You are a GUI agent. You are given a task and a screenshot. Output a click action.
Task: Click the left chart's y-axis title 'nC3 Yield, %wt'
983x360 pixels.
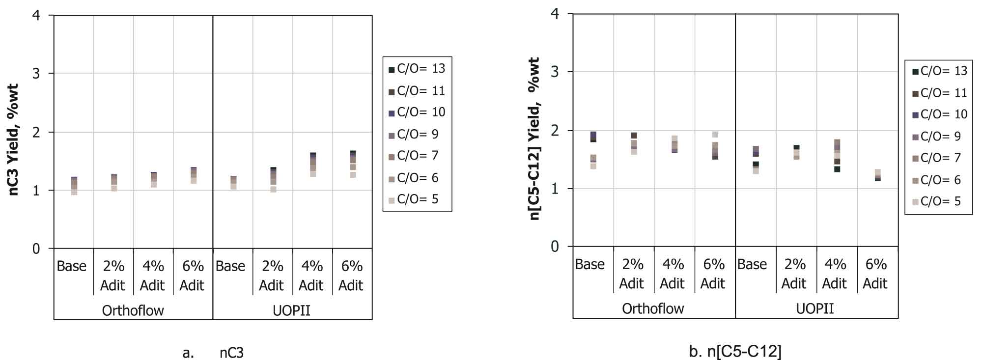tap(14, 139)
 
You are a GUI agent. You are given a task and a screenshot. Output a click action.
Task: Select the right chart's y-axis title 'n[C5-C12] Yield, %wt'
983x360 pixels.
tap(534, 138)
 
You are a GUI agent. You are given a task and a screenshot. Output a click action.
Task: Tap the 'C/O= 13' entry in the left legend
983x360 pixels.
tap(417, 69)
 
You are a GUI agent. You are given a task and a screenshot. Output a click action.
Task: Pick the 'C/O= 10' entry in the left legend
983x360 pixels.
tap(417, 112)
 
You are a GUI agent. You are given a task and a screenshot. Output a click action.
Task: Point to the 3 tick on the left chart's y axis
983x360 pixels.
tap(36, 74)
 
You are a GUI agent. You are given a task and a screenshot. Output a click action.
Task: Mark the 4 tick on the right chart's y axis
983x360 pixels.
tap(555, 13)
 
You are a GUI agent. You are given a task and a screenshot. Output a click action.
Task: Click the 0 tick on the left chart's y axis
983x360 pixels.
tap(36, 249)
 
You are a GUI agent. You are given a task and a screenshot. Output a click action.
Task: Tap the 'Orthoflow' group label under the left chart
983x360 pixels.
tap(133, 310)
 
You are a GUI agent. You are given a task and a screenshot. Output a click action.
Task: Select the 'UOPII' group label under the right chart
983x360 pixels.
tap(815, 309)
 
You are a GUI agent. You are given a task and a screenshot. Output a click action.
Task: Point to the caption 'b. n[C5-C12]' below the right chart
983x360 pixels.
tap(735, 351)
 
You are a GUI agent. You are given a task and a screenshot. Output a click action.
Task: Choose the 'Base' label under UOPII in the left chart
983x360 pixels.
tap(230, 266)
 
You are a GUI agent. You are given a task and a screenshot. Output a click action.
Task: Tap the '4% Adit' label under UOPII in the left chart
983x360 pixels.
tap(311, 276)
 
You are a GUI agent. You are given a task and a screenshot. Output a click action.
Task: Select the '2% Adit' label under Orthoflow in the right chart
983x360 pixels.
tap(633, 274)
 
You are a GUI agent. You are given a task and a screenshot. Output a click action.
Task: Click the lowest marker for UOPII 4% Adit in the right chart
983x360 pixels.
tap(837, 169)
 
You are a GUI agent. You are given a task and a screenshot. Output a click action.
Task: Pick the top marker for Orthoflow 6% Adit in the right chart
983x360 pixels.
tap(715, 135)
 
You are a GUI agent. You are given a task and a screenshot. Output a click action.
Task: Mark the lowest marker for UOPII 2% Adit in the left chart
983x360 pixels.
tap(273, 190)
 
